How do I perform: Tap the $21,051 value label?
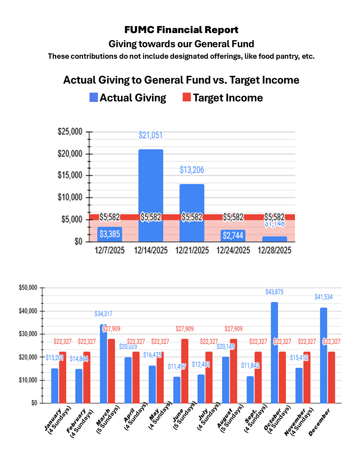[x=150, y=135]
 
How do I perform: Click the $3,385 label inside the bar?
[x=110, y=234]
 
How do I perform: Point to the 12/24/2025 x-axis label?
[x=233, y=250]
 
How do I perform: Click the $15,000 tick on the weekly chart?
[x=70, y=175]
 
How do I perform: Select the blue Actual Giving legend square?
[x=94, y=97]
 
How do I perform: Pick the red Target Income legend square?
[x=187, y=97]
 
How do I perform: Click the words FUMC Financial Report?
[x=181, y=30]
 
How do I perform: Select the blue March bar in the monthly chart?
[x=103, y=364]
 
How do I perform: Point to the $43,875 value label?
[x=274, y=292]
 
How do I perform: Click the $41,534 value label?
[x=324, y=297]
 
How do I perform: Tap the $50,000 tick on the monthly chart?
[x=28, y=288]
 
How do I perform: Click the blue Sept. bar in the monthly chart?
[x=250, y=389]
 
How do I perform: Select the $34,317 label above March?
[x=103, y=313]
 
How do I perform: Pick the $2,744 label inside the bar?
[x=233, y=235]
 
